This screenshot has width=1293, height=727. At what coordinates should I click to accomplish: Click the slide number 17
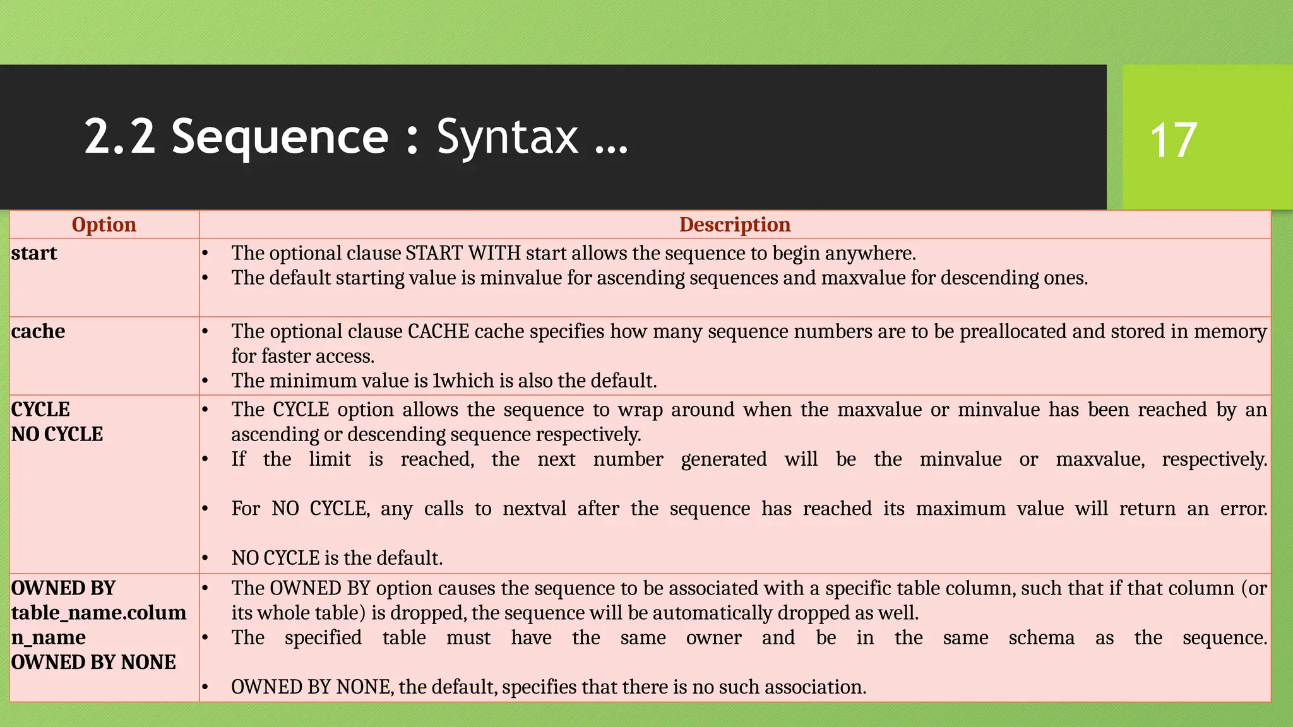(x=1173, y=140)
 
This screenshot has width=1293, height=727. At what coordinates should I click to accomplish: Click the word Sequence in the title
(x=280, y=137)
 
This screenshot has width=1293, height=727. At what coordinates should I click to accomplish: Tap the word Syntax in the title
(x=507, y=137)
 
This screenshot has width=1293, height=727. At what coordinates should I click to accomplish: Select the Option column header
(x=104, y=225)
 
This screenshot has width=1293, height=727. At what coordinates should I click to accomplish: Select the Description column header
(x=734, y=225)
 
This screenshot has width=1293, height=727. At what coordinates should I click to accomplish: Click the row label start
(x=34, y=253)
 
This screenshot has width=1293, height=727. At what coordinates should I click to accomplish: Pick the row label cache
(x=38, y=331)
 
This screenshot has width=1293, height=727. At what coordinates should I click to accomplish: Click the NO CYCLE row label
(x=57, y=434)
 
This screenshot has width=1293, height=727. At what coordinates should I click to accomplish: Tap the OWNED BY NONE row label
(x=93, y=662)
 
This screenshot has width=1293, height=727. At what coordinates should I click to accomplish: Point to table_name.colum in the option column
(x=98, y=613)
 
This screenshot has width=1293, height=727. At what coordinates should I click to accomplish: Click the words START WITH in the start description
(x=463, y=253)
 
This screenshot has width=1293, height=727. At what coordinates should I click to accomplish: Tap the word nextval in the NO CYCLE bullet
(x=534, y=509)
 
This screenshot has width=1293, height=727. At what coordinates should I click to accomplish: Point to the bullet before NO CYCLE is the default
(x=205, y=559)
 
